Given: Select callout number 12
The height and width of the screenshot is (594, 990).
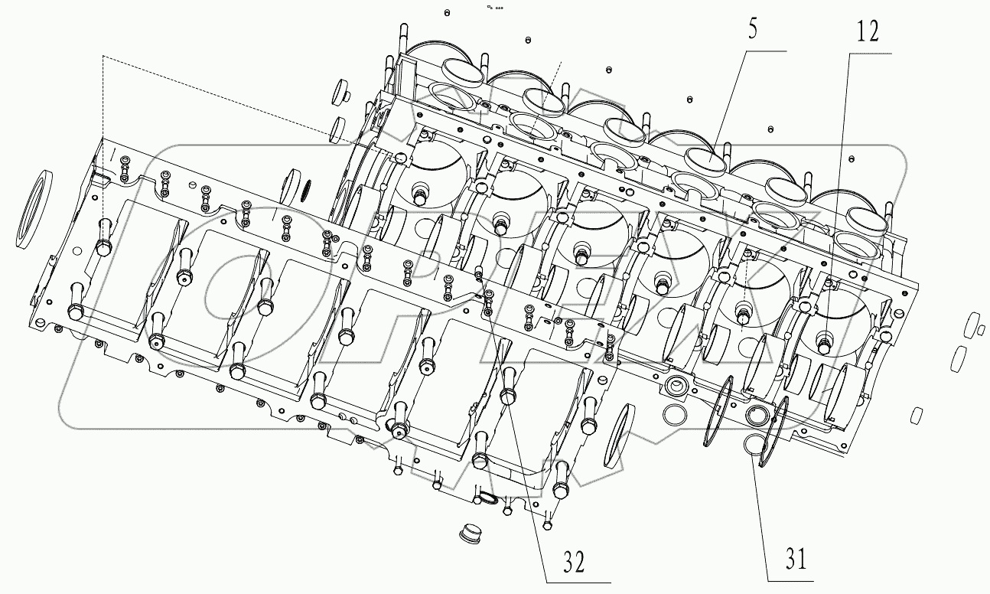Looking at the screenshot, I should [868, 32].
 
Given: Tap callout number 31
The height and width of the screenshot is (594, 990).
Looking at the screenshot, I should [796, 560].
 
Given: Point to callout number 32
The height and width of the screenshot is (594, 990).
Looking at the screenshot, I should [575, 563].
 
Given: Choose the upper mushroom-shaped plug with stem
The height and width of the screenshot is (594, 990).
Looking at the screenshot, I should [340, 92].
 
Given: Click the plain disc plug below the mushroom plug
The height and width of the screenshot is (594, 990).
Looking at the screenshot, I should [337, 129].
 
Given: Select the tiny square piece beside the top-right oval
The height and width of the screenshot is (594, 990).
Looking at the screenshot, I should [980, 330].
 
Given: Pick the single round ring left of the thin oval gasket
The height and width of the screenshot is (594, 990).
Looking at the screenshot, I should [674, 414].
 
